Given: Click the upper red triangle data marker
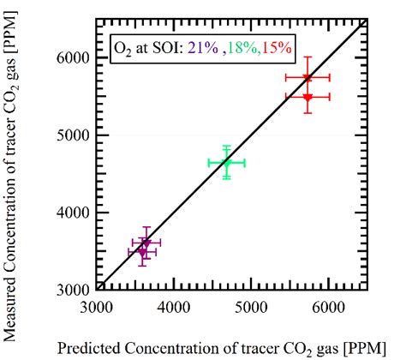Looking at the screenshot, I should coord(307,78).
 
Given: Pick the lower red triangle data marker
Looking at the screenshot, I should coord(307,98).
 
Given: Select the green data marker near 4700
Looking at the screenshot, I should coord(226,162).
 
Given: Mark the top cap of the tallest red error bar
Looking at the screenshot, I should coord(307,57).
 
